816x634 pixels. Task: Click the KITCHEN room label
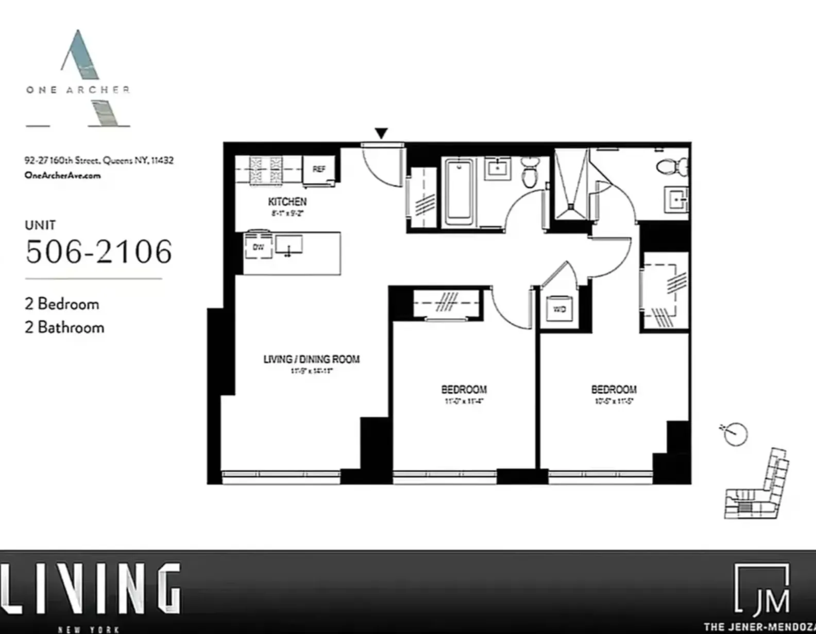pyautogui.click(x=287, y=202)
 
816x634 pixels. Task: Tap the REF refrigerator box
pyautogui.click(x=319, y=169)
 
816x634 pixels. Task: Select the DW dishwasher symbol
pyautogui.click(x=259, y=247)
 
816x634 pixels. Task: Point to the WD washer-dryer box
pyautogui.click(x=559, y=309)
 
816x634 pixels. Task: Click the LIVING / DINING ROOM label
pyautogui.click(x=311, y=359)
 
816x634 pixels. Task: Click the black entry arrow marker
pyautogui.click(x=381, y=134)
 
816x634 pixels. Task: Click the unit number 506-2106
pyautogui.click(x=98, y=252)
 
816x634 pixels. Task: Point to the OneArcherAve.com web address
pyautogui.click(x=62, y=175)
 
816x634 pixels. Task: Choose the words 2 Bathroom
pyautogui.click(x=64, y=327)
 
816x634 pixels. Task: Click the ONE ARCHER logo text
pyautogui.click(x=78, y=90)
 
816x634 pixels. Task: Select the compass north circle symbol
pyautogui.click(x=735, y=434)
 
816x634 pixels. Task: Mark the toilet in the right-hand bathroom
pyautogui.click(x=672, y=166)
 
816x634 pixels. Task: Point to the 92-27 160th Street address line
pyautogui.click(x=99, y=160)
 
